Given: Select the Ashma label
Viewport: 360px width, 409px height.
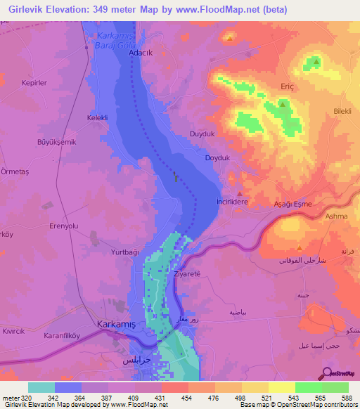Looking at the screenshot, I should coord(337,217).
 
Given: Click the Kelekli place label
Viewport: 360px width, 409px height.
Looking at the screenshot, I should coord(97,118).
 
